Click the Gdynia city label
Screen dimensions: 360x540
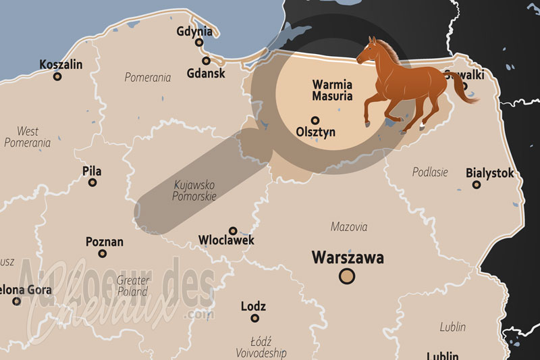pos(194,31)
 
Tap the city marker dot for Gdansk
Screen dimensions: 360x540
pos(207,61)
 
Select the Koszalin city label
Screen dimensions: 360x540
pos(61,64)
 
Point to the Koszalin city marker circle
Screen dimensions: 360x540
pos(57,76)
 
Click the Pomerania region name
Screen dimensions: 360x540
pos(147,78)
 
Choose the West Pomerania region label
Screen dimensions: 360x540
pos(28,136)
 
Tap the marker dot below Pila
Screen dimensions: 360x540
pos(92,182)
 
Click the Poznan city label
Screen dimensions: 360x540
pos(105,241)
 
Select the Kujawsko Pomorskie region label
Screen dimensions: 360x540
pos(194,190)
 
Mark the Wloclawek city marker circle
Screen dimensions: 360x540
pos(233,230)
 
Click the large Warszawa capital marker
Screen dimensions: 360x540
pos(347,276)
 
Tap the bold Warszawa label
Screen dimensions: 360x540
pos(347,257)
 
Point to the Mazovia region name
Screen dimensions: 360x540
pos(349,227)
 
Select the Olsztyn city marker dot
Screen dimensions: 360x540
pos(315,120)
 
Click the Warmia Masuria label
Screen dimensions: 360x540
pos(332,91)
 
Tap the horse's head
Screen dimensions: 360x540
pos(370,51)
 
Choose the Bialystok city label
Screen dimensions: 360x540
pos(489,173)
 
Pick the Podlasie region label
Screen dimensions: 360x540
pos(430,172)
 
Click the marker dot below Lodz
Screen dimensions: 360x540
pos(254,317)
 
